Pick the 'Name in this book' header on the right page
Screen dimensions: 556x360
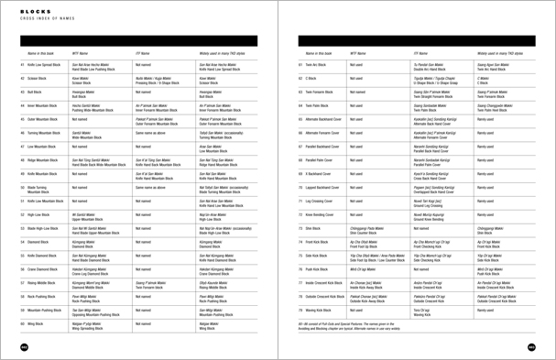pos(331,54)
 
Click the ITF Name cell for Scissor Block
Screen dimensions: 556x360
pos(148,80)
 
